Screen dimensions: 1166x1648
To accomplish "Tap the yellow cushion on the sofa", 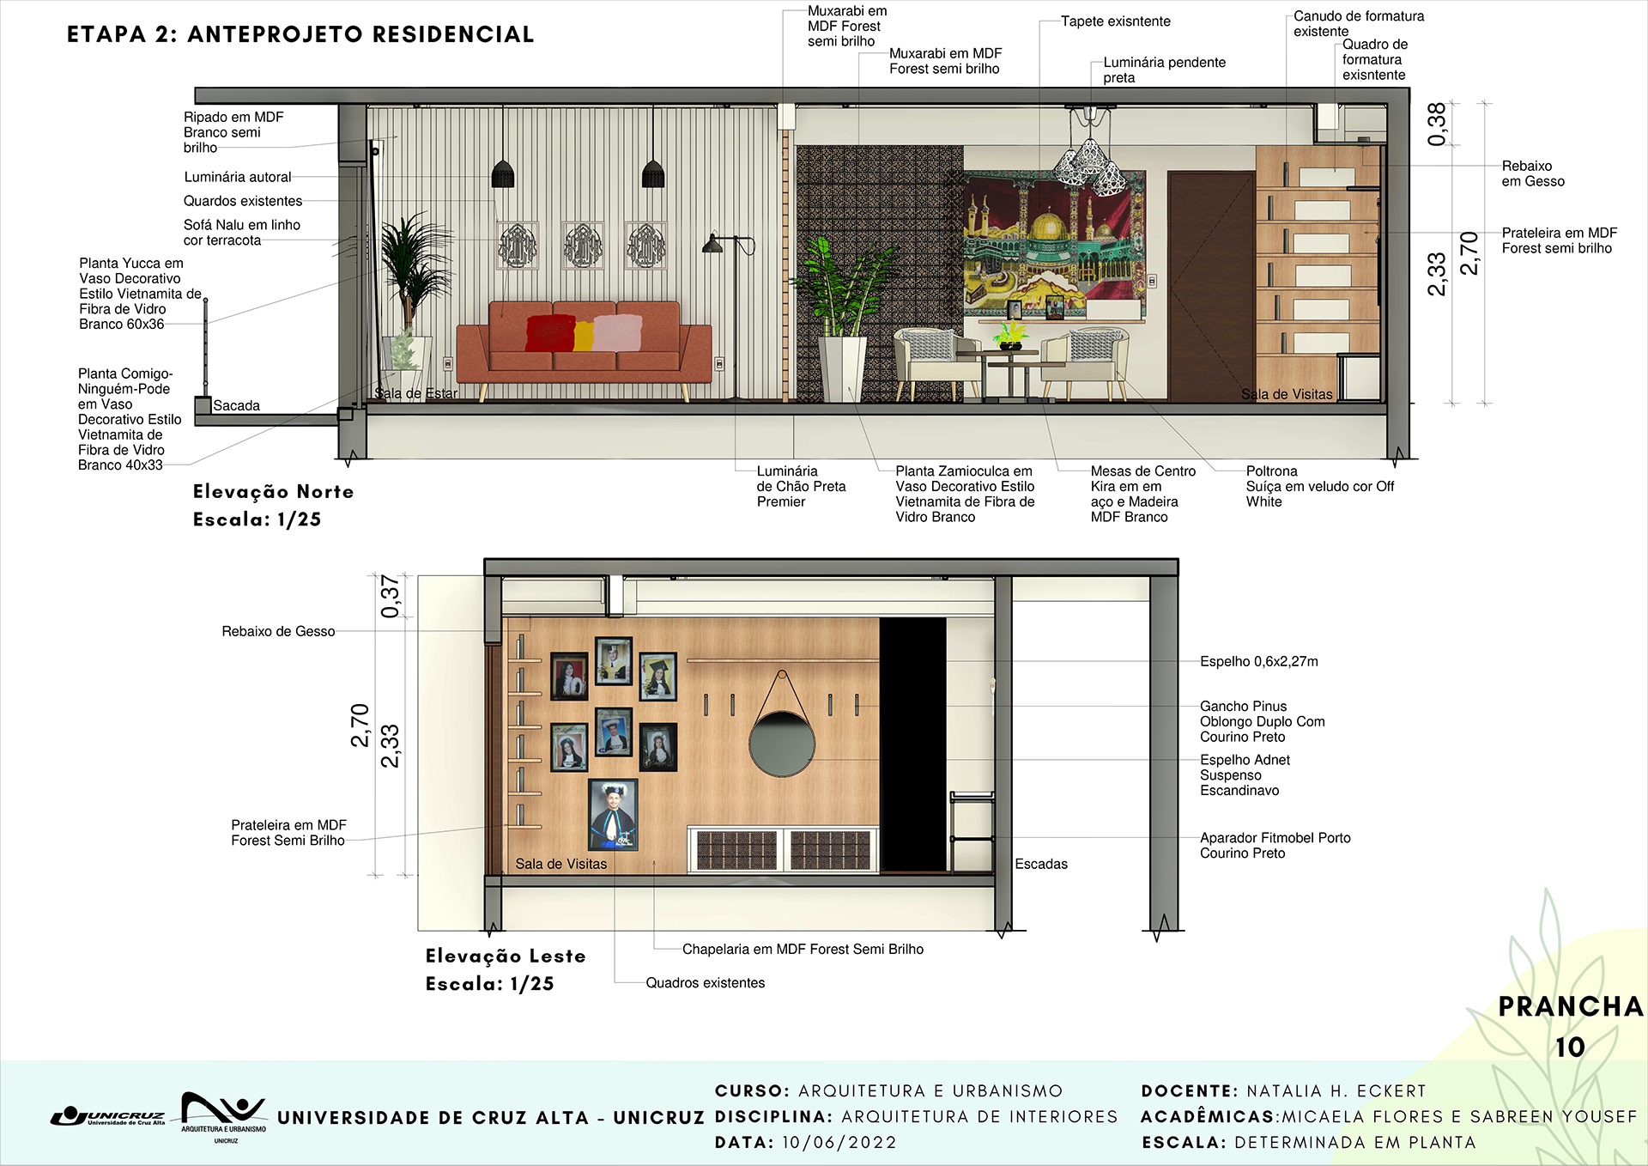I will point(584,336).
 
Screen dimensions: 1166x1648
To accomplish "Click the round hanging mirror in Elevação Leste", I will point(781,744).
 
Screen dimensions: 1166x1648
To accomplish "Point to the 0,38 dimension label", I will point(1437,124).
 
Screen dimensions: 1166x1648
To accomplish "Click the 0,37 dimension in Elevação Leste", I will point(391,596).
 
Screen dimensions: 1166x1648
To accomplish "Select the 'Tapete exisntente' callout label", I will point(1115,21).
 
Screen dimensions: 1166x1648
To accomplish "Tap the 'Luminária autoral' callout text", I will point(238,177).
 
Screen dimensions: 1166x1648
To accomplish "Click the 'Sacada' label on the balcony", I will point(236,405).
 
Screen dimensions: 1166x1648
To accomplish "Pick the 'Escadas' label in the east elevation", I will point(1041,864).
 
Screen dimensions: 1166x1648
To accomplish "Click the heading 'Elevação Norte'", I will point(273,491).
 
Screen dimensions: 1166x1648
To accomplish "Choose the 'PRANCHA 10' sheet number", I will point(1570,1026).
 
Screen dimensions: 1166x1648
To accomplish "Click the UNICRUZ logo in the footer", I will point(109,1116).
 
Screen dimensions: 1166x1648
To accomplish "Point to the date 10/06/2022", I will point(839,1143).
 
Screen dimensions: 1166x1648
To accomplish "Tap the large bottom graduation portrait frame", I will point(613,814).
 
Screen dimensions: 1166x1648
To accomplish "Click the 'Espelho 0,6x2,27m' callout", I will point(1258,661).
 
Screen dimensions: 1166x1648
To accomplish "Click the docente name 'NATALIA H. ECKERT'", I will point(1336,1091).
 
